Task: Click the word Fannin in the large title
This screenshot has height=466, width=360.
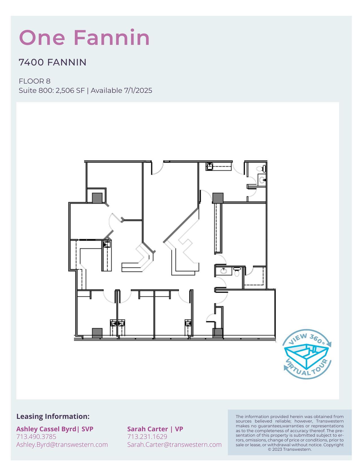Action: point(112,38)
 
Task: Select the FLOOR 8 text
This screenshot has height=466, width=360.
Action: point(34,81)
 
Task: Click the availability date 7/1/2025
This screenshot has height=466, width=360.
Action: point(138,91)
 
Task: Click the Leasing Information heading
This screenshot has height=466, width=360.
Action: point(53,416)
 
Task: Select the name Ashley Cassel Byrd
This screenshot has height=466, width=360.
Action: point(46,429)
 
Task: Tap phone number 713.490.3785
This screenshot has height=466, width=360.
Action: point(36,437)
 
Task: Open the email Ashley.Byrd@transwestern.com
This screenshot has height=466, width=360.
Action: point(62,445)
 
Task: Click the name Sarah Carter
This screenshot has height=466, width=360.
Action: point(147,429)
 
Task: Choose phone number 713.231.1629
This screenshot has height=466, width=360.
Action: point(147,437)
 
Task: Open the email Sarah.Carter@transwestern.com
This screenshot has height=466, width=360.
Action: point(174,445)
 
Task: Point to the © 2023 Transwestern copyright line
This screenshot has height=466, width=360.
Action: point(290,449)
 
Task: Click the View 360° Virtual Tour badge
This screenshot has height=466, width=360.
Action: point(307,354)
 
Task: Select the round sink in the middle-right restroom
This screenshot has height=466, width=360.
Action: point(223,271)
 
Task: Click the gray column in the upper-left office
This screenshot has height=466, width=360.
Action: point(97,198)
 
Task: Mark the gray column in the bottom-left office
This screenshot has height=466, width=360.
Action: point(97,333)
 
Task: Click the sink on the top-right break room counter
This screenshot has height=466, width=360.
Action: point(209,166)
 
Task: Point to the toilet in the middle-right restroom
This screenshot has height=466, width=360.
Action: point(237,272)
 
